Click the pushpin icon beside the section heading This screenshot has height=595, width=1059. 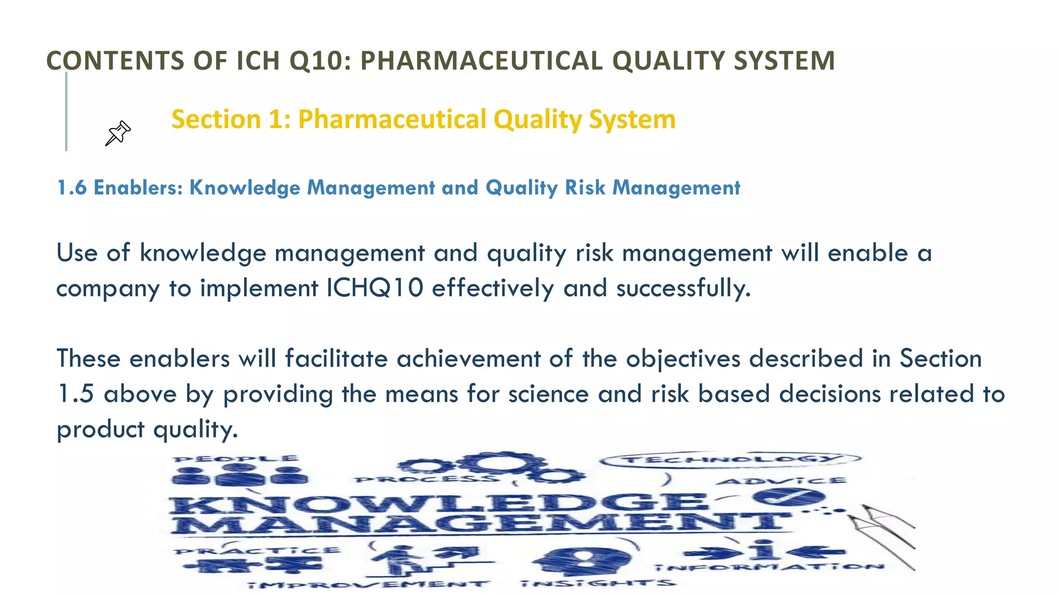click(x=118, y=133)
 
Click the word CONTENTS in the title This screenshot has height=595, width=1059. click(x=115, y=60)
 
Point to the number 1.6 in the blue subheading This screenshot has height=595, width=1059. click(x=72, y=187)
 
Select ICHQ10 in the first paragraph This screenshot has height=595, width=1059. click(x=375, y=288)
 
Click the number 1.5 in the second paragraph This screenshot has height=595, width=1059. click(x=75, y=394)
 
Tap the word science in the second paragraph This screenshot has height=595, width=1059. click(x=548, y=394)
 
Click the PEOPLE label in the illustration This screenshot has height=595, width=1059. click(x=236, y=459)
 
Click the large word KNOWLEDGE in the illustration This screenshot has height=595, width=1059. click(x=440, y=503)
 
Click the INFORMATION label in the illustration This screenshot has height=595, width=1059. click(x=769, y=567)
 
